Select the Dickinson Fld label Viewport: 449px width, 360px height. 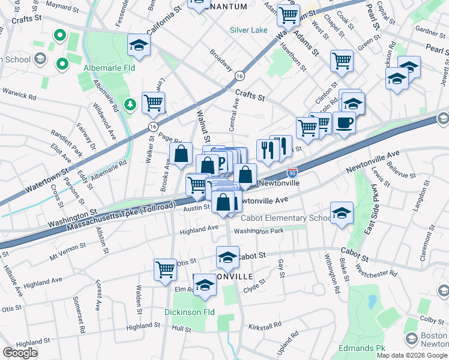click(190, 312)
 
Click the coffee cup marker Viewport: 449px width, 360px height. click(344, 122)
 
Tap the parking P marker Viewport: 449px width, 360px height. click(220, 161)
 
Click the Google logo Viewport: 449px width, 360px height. click(20, 353)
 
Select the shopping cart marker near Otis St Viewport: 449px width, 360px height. click(164, 269)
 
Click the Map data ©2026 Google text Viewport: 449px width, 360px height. click(412, 355)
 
